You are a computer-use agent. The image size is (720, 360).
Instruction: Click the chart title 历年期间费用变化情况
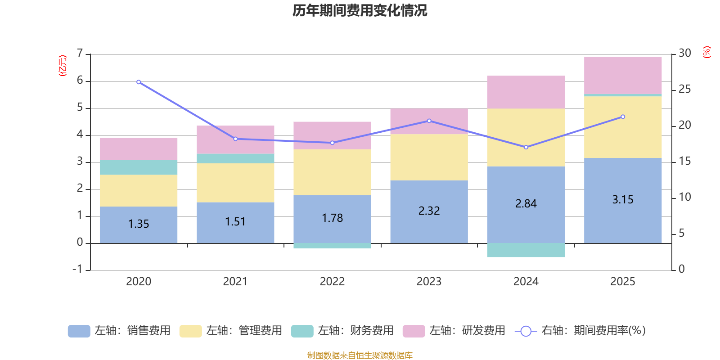coord(360,10)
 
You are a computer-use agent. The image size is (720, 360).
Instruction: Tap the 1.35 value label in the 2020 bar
coord(139,224)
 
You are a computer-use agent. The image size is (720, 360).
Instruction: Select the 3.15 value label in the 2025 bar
coord(623,199)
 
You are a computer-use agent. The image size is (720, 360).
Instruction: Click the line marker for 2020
coord(139,82)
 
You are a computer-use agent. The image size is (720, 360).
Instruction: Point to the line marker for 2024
coord(526,147)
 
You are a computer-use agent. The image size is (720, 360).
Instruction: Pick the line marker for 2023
coord(429,121)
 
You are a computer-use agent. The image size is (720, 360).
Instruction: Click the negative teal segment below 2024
coord(526,250)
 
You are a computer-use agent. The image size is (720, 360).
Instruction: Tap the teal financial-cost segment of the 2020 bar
coord(139,167)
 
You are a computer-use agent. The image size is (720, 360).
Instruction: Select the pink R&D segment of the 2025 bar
coord(623,75)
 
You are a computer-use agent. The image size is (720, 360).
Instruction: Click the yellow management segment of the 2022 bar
coord(332,172)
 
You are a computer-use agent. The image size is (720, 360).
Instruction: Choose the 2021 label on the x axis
coord(235,281)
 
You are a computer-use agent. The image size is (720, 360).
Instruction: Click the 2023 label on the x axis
coord(429,281)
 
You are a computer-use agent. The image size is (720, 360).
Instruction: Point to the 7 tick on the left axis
coord(80,54)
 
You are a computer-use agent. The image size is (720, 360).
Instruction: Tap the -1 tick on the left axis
coord(78,269)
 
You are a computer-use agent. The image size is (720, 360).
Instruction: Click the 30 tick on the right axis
coord(684,53)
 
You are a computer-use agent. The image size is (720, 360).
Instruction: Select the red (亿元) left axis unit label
coord(63,66)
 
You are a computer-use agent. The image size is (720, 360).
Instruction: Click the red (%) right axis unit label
coord(706,52)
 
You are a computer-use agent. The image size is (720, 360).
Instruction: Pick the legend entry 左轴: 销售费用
coord(119,331)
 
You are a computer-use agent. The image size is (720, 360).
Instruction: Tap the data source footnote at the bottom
coord(360,355)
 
